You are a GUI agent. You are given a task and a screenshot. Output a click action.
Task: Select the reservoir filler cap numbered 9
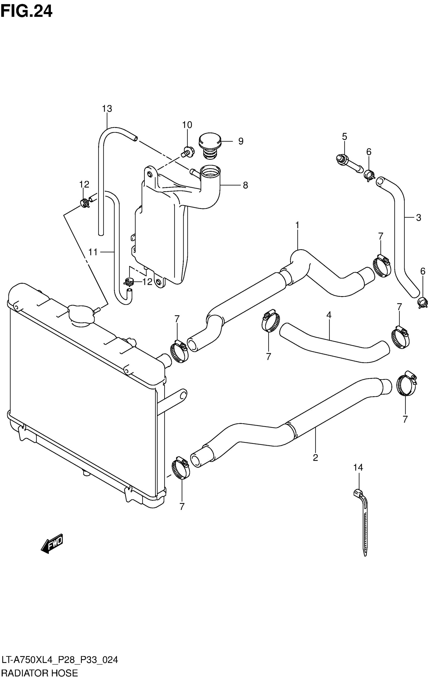[x=210, y=145]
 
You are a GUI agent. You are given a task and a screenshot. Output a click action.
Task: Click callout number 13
[x=107, y=109]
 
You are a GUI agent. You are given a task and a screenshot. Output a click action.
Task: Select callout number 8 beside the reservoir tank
[x=245, y=185]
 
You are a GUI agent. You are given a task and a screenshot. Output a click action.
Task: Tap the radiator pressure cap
[x=81, y=315]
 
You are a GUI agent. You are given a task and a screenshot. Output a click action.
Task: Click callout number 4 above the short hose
[x=328, y=314]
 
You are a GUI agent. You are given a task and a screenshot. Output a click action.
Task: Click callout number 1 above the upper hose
[x=297, y=225]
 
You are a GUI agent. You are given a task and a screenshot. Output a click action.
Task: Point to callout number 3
[x=418, y=218]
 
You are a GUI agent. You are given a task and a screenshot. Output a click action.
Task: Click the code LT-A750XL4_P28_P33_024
[x=59, y=660]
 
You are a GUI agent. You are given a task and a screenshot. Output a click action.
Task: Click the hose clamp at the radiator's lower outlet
[x=181, y=468]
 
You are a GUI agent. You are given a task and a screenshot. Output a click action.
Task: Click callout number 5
[x=344, y=137]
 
